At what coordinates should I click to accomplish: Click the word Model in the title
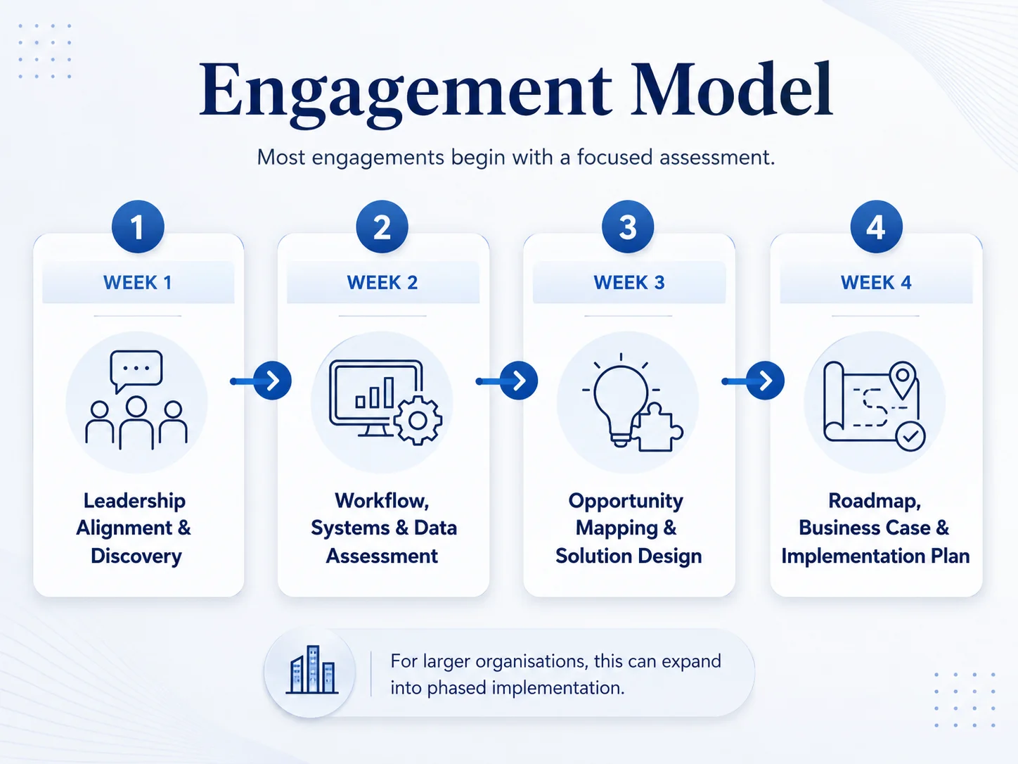pyautogui.click(x=732, y=89)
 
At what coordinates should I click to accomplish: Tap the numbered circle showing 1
pyautogui.click(x=138, y=227)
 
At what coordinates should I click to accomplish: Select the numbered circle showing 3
pyautogui.click(x=628, y=227)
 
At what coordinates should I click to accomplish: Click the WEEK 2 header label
pyautogui.click(x=382, y=283)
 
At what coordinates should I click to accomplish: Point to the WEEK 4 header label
pyautogui.click(x=876, y=283)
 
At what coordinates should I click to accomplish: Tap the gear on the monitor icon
pyautogui.click(x=418, y=421)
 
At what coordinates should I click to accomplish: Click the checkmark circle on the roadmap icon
pyautogui.click(x=910, y=436)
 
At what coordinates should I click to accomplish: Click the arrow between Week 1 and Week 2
pyautogui.click(x=261, y=381)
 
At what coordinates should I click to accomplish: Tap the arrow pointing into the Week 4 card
pyautogui.click(x=753, y=381)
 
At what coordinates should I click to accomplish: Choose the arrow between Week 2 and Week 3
pyautogui.click(x=507, y=381)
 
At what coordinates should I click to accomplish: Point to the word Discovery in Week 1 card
pyautogui.click(x=136, y=556)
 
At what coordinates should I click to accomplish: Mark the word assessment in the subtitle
pyautogui.click(x=717, y=158)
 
